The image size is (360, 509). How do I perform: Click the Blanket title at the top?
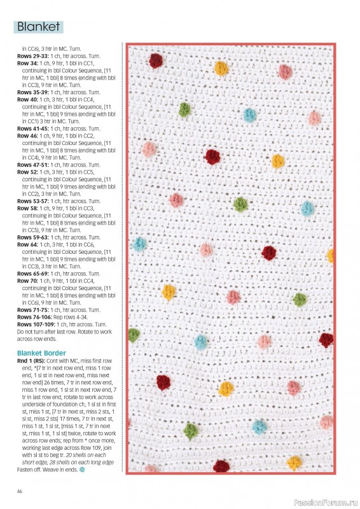point(39,27)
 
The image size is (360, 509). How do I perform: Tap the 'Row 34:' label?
point(27,64)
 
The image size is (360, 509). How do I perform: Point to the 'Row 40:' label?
point(27,99)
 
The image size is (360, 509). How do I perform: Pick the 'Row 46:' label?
point(27,136)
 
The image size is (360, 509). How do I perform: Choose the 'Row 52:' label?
point(27,172)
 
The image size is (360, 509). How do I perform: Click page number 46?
point(20,491)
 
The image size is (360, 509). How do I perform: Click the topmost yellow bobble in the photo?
point(221,67)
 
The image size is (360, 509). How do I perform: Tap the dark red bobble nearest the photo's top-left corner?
point(156,60)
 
